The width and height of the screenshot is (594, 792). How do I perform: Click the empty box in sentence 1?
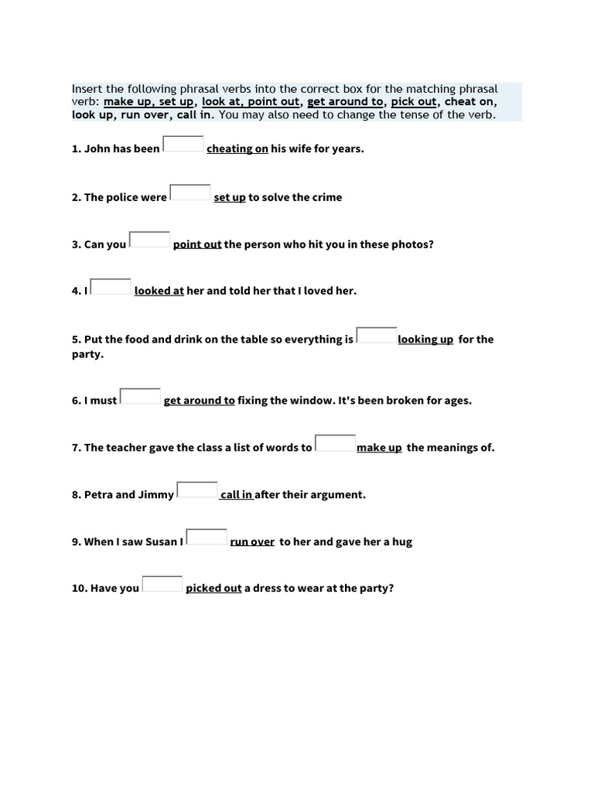183,144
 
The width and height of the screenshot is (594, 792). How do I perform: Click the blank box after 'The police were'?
190,193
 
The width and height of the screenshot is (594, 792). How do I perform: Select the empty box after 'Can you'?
149,240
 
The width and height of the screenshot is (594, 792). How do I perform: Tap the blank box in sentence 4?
111,287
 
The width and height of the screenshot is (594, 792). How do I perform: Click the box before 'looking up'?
377,335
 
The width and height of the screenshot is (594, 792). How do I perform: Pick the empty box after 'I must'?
141,396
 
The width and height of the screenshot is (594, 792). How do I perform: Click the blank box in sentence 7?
336,443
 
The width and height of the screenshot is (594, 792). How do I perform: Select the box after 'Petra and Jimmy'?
197,490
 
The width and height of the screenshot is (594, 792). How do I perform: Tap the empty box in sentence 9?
207,537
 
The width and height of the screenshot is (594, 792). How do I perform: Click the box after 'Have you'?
162,584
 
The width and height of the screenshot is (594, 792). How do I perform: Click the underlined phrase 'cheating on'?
237,148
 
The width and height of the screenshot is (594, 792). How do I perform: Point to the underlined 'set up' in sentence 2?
230,197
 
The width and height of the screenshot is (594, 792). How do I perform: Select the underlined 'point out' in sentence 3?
197,244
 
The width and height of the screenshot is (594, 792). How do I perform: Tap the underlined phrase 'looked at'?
159,292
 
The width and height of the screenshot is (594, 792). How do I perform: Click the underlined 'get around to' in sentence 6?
200,401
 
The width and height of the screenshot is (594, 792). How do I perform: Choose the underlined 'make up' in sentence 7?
379,448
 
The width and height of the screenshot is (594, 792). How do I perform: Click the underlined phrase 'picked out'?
213,589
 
